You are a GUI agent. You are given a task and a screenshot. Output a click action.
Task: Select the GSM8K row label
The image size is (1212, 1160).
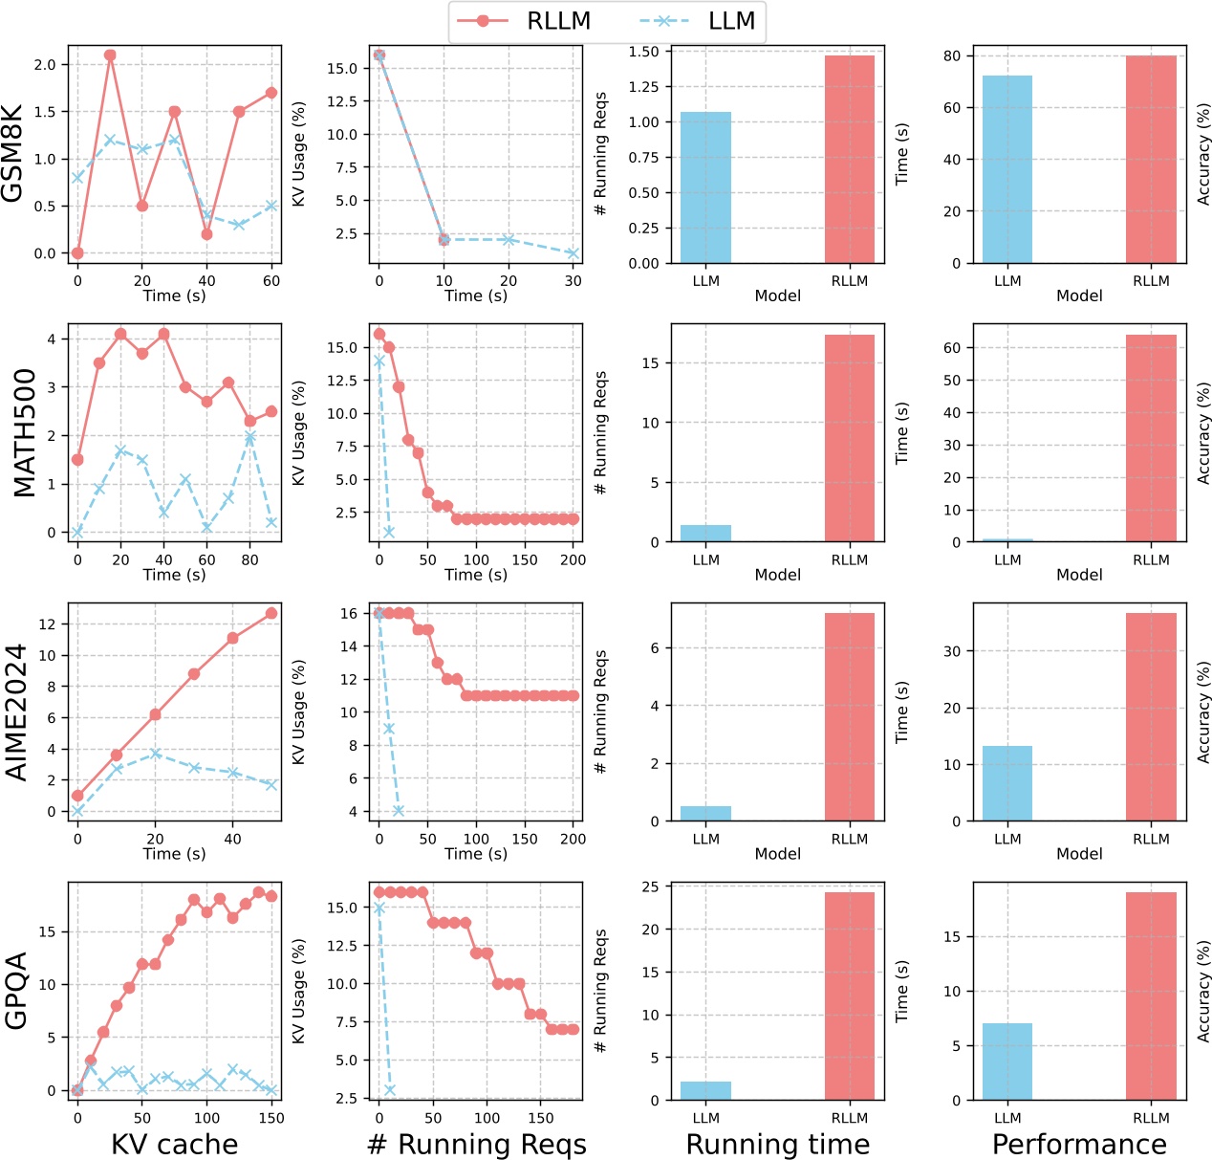pos(13,154)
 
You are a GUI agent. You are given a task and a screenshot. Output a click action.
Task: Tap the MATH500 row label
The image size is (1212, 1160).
pos(24,433)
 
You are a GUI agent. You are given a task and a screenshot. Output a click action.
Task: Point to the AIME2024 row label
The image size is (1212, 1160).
pos(16,711)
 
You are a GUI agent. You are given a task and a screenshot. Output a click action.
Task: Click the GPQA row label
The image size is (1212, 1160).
pos(16,991)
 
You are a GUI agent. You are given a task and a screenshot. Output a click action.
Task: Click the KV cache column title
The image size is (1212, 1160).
pos(174,1145)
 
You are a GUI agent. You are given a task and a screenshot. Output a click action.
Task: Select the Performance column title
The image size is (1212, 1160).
pos(1079,1145)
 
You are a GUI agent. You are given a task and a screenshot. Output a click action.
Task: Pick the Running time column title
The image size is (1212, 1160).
pos(777,1145)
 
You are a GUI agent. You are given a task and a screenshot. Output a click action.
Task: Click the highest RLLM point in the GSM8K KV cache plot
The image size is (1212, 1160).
pos(110,55)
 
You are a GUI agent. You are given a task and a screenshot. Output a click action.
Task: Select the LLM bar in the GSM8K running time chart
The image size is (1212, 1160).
pos(705,187)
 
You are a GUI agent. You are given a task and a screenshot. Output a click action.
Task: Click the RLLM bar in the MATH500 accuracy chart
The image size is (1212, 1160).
pos(1151,438)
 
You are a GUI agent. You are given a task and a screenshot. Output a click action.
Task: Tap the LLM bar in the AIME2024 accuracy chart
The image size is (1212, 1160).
pos(1007,783)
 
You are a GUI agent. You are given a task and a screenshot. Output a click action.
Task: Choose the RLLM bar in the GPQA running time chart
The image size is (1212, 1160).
pos(849,996)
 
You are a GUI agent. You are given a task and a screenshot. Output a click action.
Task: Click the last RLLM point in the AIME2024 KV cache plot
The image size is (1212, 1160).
pos(271,613)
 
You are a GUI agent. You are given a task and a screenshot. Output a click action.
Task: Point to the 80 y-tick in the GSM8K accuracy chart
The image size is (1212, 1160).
pos(952,55)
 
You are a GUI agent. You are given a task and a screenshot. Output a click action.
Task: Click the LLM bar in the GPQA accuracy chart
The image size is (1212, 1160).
pos(1007,1062)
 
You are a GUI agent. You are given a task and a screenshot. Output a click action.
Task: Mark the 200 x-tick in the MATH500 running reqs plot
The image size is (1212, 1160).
pos(573,560)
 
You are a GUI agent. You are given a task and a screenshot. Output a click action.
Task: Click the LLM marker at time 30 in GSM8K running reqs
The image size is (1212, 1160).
pos(573,253)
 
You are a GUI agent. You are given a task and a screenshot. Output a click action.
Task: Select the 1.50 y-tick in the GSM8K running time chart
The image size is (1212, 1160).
pos(643,52)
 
